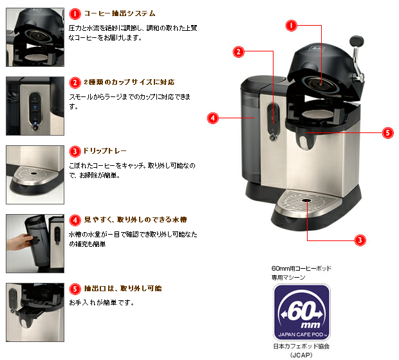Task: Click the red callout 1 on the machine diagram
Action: coord(292,26)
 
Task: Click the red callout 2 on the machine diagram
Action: coord(238,51)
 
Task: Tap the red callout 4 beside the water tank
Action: coord(213,118)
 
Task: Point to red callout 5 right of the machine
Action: coord(387,133)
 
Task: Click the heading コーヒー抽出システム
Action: coord(120,14)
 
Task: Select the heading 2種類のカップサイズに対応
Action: coord(129,83)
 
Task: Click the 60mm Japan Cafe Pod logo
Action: coord(301,313)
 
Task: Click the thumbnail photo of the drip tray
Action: coord(35,169)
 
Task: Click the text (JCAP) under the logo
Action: coord(301,354)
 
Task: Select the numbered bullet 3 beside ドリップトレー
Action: coord(75,152)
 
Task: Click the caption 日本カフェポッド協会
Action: coord(301,346)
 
